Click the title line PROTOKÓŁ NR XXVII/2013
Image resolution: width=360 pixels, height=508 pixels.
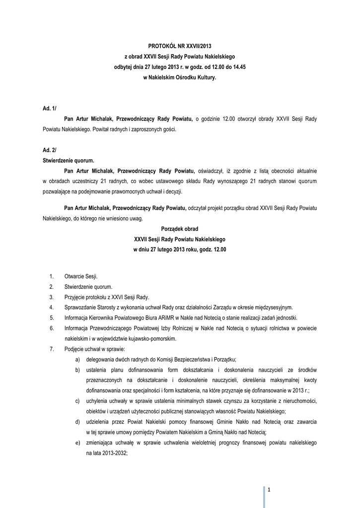[x=180, y=46]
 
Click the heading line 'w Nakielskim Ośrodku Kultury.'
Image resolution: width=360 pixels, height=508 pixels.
[x=180, y=78]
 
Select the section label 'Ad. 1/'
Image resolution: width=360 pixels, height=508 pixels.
[x=50, y=108]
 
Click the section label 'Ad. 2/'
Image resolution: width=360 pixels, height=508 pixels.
[x=50, y=149]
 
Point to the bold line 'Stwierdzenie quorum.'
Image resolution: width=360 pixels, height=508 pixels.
[x=68, y=160]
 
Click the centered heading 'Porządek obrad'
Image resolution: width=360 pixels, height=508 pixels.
[x=180, y=229]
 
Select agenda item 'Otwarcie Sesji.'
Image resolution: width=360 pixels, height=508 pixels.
[x=81, y=276]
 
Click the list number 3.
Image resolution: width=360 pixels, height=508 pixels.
[x=52, y=297]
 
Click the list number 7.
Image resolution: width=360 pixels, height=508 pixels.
[x=52, y=349]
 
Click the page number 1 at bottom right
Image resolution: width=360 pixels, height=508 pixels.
[x=269, y=490]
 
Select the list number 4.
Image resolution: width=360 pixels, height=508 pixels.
[x=52, y=308]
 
